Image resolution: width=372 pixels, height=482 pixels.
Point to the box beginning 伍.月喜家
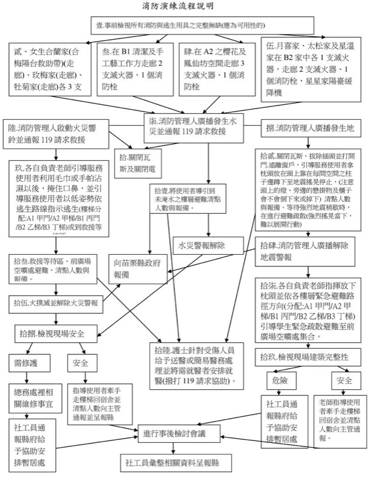305,69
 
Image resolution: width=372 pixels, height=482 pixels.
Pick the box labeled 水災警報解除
203,245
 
